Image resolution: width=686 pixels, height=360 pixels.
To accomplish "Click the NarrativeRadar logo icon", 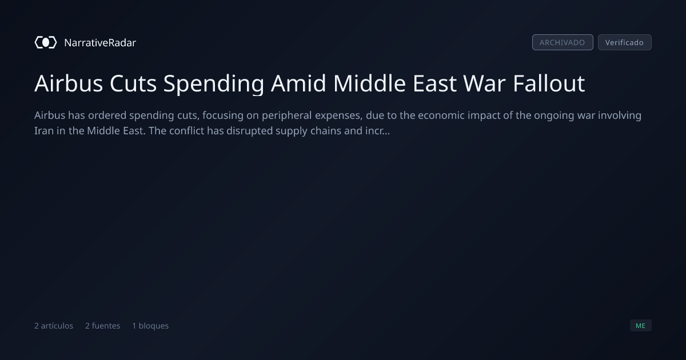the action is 46,42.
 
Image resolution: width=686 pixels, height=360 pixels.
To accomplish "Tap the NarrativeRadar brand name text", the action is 100,42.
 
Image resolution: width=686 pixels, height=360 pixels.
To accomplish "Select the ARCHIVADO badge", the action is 563,42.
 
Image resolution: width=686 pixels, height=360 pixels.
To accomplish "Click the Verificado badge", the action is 625,42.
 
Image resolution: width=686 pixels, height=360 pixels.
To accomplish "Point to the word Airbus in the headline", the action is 69,83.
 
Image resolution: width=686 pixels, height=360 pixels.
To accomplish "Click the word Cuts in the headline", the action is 133,83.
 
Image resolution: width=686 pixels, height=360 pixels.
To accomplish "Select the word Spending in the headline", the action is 214,84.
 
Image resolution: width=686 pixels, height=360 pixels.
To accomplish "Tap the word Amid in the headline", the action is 298,83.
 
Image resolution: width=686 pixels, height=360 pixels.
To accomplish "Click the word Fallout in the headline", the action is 549,83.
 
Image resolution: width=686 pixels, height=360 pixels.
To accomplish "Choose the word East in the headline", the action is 434,83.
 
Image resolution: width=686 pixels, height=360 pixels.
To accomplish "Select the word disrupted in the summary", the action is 249,131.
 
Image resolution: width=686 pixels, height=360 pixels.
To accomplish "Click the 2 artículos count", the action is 54,326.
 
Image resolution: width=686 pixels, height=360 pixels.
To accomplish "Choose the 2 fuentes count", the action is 102,326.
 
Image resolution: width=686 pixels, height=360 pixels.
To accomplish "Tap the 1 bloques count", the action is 150,326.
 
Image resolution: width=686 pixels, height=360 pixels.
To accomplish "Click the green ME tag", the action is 641,325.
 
